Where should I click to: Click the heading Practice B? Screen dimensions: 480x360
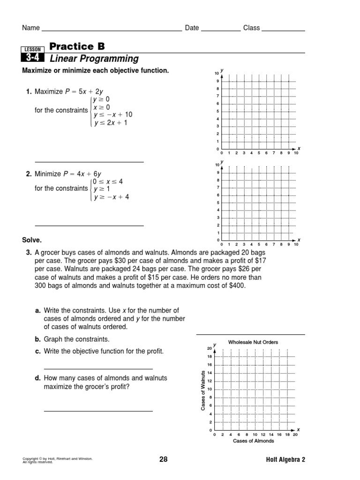[x=77, y=46]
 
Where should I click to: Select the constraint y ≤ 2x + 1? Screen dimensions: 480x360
[x=110, y=123]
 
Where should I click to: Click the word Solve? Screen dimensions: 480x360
[x=32, y=240]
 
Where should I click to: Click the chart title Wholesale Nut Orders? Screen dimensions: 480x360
[x=253, y=342]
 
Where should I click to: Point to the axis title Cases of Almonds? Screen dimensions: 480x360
[x=254, y=441]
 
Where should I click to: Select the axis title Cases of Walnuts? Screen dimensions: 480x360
[x=203, y=390]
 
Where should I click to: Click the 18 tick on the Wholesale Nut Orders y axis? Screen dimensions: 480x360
[x=210, y=357]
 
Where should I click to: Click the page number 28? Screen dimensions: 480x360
[x=163, y=459]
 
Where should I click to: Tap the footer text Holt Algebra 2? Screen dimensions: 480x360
[x=285, y=460]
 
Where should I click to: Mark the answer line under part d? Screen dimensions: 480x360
[x=98, y=411]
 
